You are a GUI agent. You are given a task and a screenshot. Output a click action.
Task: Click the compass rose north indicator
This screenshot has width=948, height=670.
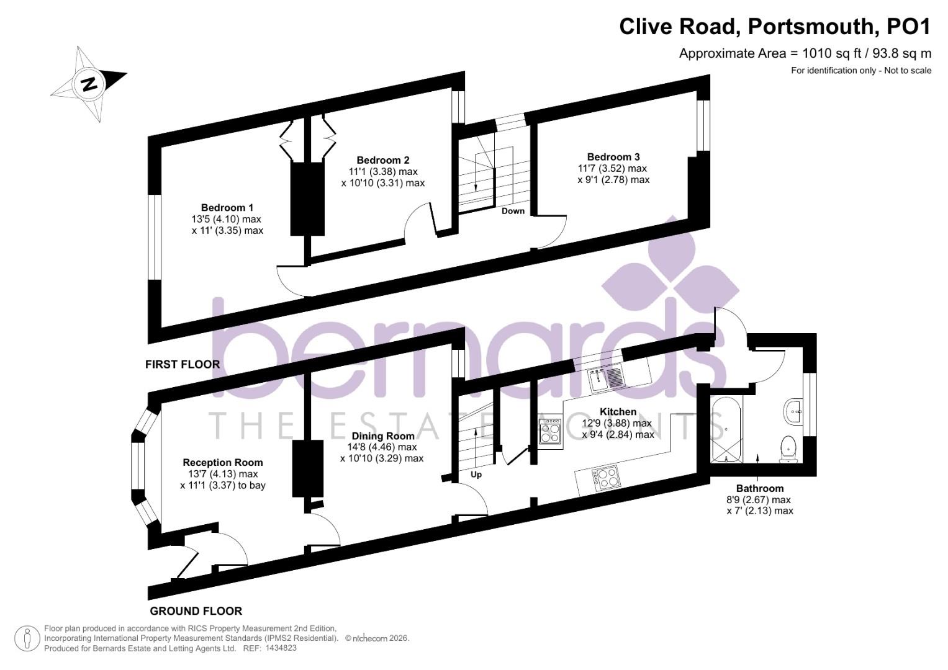tap(89, 83)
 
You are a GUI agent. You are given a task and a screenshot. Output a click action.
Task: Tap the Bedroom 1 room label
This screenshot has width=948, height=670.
tap(227, 207)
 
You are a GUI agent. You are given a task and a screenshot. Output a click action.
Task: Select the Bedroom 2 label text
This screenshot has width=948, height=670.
tap(383, 160)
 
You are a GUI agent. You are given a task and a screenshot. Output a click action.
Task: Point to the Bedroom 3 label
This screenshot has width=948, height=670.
tap(613, 157)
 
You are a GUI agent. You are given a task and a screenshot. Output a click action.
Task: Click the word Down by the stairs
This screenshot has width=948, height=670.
tap(513, 211)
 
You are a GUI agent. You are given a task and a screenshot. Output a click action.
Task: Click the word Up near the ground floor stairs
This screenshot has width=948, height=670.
tap(476, 475)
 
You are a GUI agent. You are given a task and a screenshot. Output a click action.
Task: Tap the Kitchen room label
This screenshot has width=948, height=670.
tap(618, 412)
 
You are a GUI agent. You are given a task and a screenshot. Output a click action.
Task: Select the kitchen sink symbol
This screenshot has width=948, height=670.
tap(605, 378)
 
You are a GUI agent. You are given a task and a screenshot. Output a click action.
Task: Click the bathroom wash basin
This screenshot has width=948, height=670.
tap(793, 411)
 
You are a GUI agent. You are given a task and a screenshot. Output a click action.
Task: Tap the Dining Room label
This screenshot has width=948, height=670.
tap(382, 436)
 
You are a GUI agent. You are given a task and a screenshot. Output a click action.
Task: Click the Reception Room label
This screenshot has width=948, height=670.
tap(223, 462)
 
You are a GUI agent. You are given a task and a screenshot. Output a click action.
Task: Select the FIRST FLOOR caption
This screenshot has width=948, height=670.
tap(183, 364)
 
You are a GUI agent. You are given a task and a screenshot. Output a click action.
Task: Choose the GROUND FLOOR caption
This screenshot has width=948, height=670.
tap(196, 611)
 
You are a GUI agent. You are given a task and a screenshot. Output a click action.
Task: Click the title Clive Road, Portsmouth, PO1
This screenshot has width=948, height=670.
tap(775, 27)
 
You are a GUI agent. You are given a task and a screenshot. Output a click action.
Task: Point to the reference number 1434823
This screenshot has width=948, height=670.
tap(281, 648)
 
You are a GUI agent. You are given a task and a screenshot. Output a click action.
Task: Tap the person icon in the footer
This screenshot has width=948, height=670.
tap(27, 638)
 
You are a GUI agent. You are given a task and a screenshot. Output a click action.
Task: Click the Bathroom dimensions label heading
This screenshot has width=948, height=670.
tap(760, 488)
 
